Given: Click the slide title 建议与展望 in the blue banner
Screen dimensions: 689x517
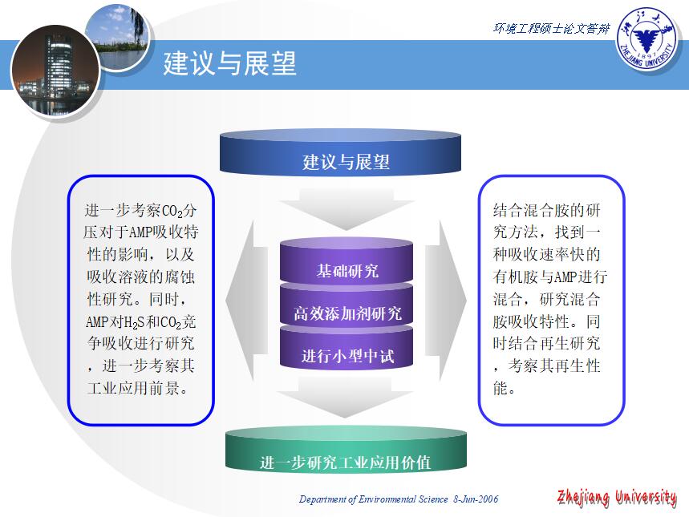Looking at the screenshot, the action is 230,63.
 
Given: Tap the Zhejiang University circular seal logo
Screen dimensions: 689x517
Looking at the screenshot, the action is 646,38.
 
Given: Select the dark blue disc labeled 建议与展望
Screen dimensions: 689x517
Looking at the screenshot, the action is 340,152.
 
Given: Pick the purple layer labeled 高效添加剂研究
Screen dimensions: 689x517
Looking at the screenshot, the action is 347,307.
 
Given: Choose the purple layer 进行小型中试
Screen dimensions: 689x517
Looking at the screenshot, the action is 347,349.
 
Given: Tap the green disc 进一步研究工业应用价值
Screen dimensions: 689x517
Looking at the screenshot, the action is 346,450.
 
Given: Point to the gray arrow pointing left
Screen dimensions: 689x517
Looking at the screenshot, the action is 246,301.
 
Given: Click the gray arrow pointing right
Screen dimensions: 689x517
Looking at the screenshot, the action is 446,301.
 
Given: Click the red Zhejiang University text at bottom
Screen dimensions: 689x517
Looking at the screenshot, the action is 617,498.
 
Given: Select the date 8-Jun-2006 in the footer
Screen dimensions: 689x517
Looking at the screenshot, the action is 476,499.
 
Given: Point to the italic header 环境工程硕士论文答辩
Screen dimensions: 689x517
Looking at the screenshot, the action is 552,29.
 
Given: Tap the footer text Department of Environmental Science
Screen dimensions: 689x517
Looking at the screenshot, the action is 374,499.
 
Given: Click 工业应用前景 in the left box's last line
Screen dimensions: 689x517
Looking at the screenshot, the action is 133,388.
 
